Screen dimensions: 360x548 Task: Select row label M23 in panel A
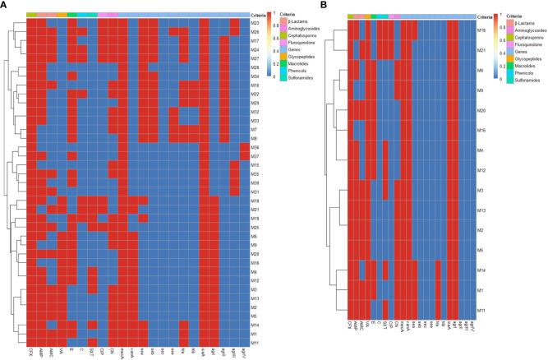coord(256,22)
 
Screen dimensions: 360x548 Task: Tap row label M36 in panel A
coord(256,147)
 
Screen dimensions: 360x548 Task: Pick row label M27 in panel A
coord(256,58)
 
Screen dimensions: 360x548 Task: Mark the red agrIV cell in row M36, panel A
coord(243,147)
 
